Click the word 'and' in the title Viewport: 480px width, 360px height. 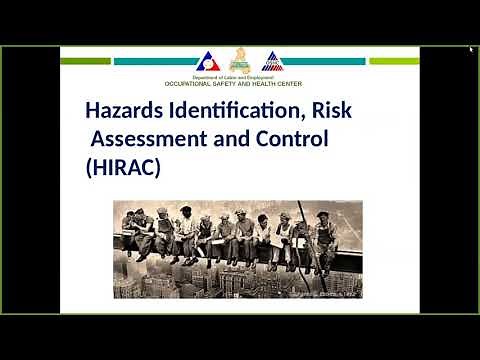(229, 138)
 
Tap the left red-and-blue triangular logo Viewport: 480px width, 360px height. (206, 60)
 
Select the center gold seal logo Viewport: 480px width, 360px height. (239, 59)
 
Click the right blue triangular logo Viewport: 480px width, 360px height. (271, 60)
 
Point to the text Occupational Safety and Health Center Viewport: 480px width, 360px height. (239, 83)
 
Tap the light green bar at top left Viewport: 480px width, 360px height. (85, 61)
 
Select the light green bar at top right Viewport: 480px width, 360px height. (394, 61)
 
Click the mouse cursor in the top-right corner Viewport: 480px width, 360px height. (472, 49)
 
